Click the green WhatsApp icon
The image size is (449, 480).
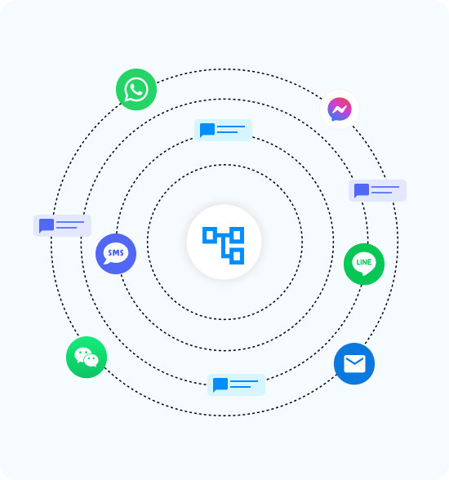coord(136,90)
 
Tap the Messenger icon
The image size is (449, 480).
coord(340,109)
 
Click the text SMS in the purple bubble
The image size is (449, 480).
coord(116,253)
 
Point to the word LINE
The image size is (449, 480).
coord(364,262)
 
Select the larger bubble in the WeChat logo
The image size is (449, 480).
coord(82,355)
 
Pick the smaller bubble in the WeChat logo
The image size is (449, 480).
coord(91,360)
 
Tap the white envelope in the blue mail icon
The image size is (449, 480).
coord(354,364)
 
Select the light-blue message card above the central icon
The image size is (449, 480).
coord(223,130)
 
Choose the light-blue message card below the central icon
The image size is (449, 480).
coord(236,384)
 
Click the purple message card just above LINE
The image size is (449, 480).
coord(377,190)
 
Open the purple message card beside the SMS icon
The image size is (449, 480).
coord(62,225)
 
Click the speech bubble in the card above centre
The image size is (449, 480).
coord(207,130)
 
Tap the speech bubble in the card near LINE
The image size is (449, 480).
coord(362,190)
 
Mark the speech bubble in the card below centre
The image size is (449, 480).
coord(220,384)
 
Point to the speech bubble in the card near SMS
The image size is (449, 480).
coord(47,225)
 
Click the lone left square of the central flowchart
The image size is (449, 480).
coord(210,235)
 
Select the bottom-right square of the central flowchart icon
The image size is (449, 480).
coord(237,256)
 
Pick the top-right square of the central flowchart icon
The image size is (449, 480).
coord(237,235)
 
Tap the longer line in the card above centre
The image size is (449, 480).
coord(231,127)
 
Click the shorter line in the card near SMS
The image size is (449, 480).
coord(66,228)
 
